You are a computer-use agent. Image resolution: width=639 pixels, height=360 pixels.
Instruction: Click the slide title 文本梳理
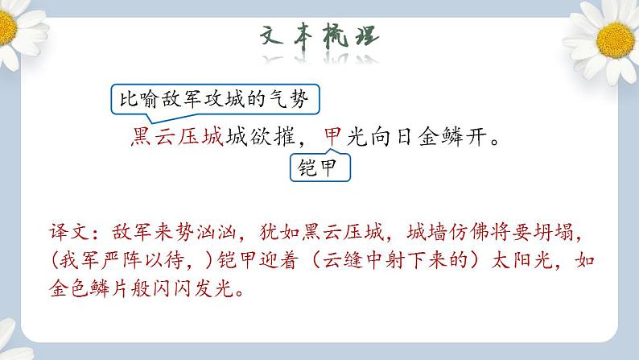[320, 39]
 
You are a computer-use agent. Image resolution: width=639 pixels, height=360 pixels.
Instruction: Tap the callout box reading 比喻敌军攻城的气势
[213, 101]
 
